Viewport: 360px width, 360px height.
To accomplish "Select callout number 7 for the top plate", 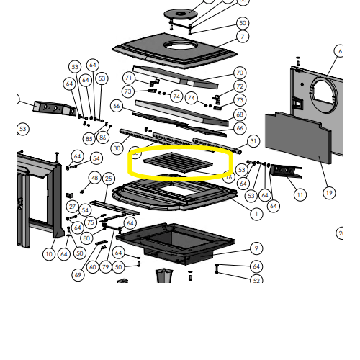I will (243, 37).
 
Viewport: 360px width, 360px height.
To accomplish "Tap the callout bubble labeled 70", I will (240, 73).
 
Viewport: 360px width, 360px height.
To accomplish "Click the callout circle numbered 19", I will (329, 192).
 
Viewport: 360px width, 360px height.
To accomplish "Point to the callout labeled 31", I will (253, 141).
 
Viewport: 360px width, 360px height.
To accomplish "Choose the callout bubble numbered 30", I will (117, 148).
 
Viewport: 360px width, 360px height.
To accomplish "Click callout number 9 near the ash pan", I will (256, 248).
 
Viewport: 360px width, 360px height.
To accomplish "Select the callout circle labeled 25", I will (109, 178).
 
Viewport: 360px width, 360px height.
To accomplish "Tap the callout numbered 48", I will (94, 178).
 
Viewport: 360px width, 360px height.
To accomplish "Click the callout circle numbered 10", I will (49, 253).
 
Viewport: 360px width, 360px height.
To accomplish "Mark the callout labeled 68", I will (240, 114).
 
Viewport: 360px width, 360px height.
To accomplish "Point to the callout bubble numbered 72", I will (240, 87).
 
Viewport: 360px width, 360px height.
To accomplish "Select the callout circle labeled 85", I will (89, 138).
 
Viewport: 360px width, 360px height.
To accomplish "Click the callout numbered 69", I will (78, 275).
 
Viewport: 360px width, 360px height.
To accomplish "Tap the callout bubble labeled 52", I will (256, 281).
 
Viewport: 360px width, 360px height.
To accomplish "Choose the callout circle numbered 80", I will (86, 238).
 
